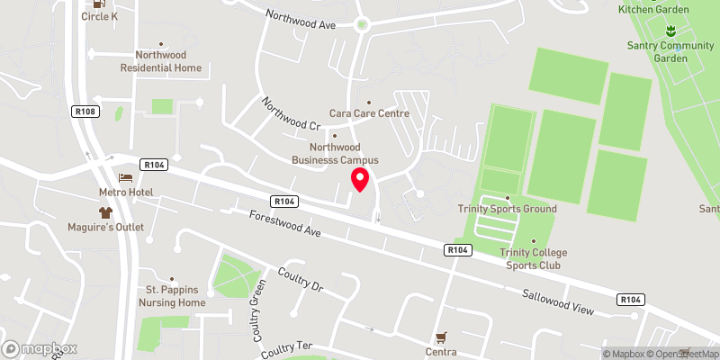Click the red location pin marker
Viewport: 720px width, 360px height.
pyautogui.click(x=360, y=179)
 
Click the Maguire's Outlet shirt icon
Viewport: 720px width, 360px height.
pyautogui.click(x=106, y=212)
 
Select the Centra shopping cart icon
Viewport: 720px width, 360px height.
pyautogui.click(x=440, y=337)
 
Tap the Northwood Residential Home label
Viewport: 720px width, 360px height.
pyautogui.click(x=161, y=61)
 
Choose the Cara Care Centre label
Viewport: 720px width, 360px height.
pyautogui.click(x=369, y=113)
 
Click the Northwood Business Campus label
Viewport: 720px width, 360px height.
pyautogui.click(x=335, y=153)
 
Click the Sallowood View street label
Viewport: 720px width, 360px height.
pyautogui.click(x=559, y=301)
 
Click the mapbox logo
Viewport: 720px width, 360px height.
pyautogui.click(x=40, y=348)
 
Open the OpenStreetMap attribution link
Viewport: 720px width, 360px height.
pyautogui.click(x=682, y=354)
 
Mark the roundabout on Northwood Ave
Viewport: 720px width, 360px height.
pyautogui.click(x=362, y=25)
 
